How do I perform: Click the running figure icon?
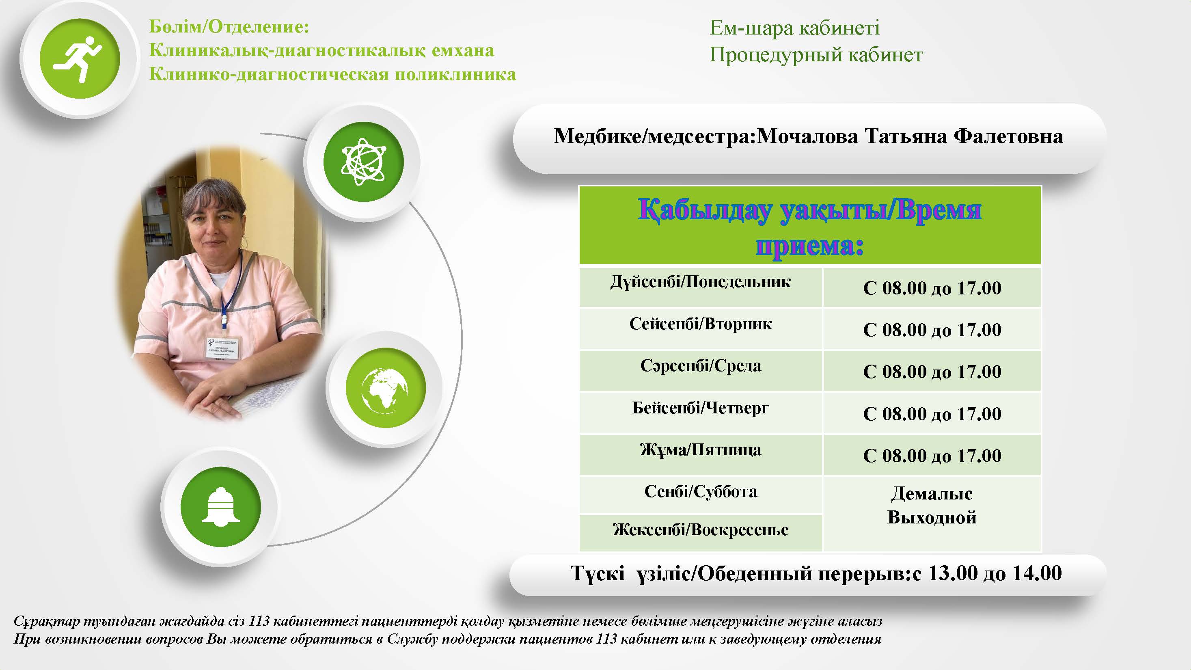coord(79,59)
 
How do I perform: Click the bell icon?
coord(220,506)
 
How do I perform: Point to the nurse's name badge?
coord(223,347)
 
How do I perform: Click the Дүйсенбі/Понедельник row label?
coord(701,281)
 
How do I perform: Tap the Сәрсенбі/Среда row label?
coord(701,366)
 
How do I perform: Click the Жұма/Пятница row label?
coord(701,450)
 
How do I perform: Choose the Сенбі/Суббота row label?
coord(701,491)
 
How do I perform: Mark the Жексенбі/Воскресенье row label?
coord(701,530)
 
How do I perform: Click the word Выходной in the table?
coord(932,517)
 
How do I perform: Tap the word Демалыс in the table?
coord(932,494)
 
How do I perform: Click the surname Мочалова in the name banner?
coord(807,136)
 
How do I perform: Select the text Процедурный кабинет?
coord(816,55)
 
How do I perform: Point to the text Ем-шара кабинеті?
coord(794,28)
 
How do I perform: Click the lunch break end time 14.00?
coord(1037,573)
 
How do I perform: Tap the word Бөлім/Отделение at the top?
coord(229,27)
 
